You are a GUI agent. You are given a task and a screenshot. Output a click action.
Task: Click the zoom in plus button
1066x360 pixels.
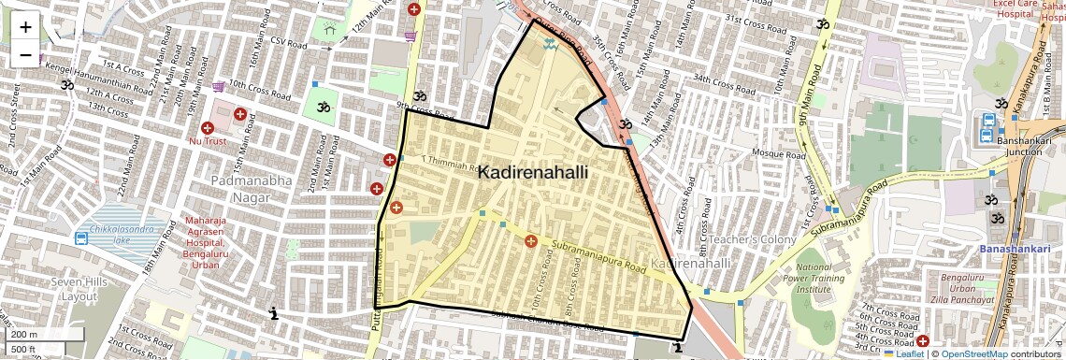[x=25, y=27]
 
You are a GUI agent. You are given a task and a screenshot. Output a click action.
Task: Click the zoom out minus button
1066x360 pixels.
[x=25, y=55]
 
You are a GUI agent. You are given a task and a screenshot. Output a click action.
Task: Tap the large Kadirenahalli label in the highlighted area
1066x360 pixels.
[x=532, y=173]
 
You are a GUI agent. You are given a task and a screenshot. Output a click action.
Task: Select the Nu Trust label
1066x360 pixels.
[x=208, y=141]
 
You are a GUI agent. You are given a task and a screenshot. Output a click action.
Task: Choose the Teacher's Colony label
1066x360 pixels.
[x=754, y=240]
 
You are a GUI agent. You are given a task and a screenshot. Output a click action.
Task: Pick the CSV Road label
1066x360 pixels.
[x=288, y=42]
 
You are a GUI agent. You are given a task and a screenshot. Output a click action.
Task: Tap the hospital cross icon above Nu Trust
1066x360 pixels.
[x=239, y=114]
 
